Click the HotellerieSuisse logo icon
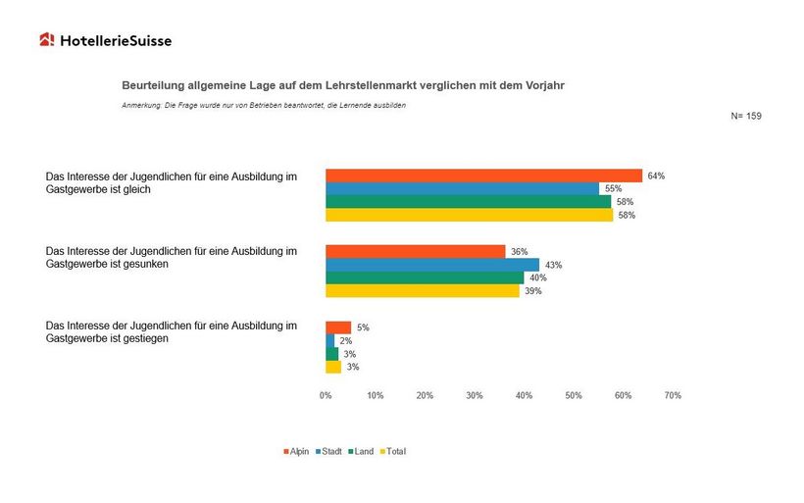[47, 40]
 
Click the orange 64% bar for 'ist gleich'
[483, 176]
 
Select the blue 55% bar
[462, 188]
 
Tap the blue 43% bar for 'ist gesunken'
[431, 265]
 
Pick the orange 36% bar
[415, 252]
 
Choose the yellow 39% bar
[422, 290]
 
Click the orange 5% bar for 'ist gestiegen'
[337, 327]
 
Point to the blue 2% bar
[329, 340]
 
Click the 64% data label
[656, 176]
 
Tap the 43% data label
[553, 265]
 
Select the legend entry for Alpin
[296, 451]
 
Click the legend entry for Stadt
[328, 451]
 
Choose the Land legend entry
[361, 451]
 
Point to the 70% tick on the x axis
[672, 395]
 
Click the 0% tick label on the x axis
[326, 395]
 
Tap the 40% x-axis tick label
[524, 395]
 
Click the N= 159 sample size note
[746, 116]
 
